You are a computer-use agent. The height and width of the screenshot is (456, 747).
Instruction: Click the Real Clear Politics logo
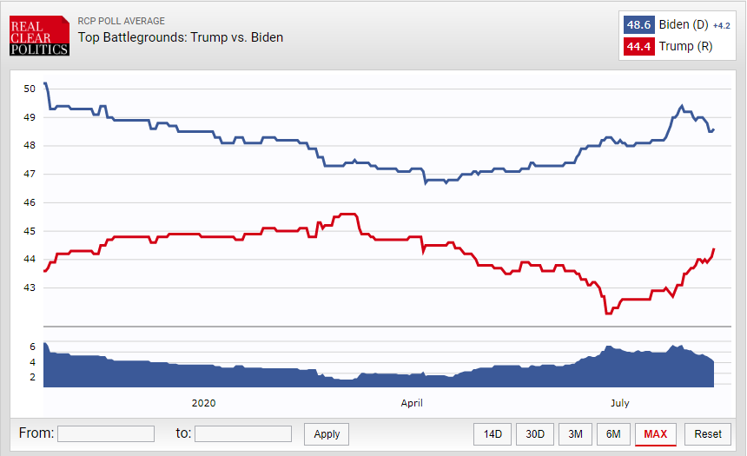pyautogui.click(x=40, y=36)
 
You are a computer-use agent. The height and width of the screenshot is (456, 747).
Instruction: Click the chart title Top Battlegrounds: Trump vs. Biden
pyautogui.click(x=181, y=37)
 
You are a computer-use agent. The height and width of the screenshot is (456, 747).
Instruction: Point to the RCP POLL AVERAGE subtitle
pyautogui.click(x=122, y=21)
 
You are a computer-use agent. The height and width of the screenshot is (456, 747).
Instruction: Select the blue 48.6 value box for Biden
pyautogui.click(x=638, y=25)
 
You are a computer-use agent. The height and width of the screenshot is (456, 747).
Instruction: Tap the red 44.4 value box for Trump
pyautogui.click(x=638, y=47)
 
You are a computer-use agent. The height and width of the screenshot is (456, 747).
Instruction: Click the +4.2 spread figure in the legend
pyautogui.click(x=721, y=26)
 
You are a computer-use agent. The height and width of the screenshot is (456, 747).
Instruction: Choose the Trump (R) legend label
pyautogui.click(x=685, y=47)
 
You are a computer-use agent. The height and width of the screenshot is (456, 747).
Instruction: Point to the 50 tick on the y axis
pyautogui.click(x=30, y=89)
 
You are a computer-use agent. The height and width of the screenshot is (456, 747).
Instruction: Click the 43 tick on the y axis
pyautogui.click(x=30, y=287)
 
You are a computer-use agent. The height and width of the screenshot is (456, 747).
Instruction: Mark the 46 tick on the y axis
pyautogui.click(x=30, y=202)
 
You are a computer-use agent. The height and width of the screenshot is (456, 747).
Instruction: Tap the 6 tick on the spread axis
pyautogui.click(x=32, y=347)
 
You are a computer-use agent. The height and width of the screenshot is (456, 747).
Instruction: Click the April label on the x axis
pyautogui.click(x=412, y=403)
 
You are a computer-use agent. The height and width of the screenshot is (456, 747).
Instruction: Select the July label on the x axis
pyautogui.click(x=620, y=403)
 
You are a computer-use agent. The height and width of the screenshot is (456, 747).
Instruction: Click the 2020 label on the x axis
pyautogui.click(x=203, y=403)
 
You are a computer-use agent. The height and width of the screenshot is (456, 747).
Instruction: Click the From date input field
pyautogui.click(x=106, y=433)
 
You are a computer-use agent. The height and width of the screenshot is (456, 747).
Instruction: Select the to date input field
pyautogui.click(x=243, y=433)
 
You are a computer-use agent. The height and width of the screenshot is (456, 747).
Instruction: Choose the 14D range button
pyautogui.click(x=492, y=434)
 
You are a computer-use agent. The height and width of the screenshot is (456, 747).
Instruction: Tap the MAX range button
pyautogui.click(x=656, y=434)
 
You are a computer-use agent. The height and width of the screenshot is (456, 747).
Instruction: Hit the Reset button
pyautogui.click(x=707, y=434)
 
